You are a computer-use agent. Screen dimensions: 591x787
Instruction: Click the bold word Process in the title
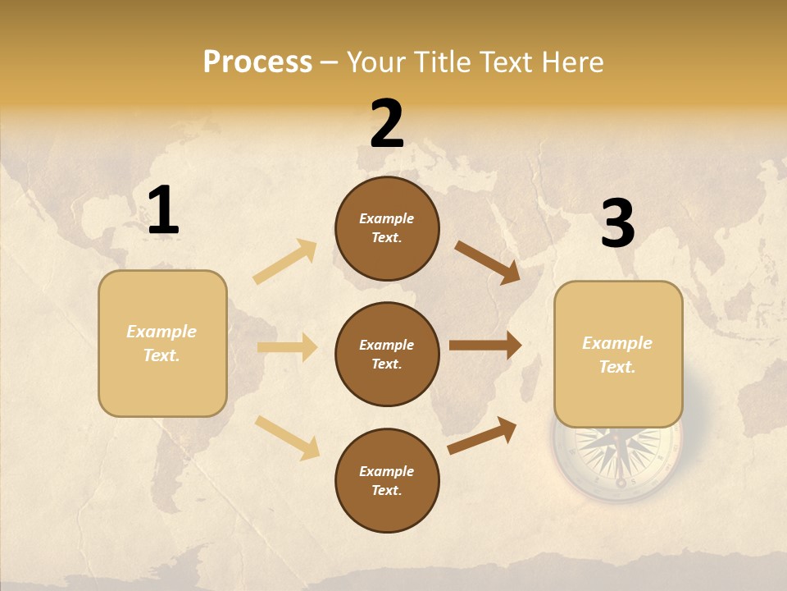click(257, 62)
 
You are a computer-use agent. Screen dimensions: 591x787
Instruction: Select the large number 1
click(163, 210)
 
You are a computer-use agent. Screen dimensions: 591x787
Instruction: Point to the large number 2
click(387, 124)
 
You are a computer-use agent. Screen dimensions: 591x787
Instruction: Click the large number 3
click(617, 223)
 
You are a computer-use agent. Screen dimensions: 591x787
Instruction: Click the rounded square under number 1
click(162, 343)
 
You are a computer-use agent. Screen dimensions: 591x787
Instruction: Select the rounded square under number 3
click(618, 355)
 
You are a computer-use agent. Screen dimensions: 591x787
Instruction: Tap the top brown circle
click(387, 228)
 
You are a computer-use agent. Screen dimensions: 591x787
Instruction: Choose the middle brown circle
click(387, 354)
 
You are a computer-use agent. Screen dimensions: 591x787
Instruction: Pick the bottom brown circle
click(387, 480)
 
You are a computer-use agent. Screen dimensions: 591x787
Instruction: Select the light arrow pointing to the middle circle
click(288, 347)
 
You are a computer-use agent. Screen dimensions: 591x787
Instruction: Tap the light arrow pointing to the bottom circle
click(288, 437)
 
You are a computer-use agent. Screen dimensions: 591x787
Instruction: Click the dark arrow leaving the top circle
click(488, 263)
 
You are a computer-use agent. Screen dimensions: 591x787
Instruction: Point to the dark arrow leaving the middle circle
click(485, 346)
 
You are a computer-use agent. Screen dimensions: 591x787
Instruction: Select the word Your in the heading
click(374, 62)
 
